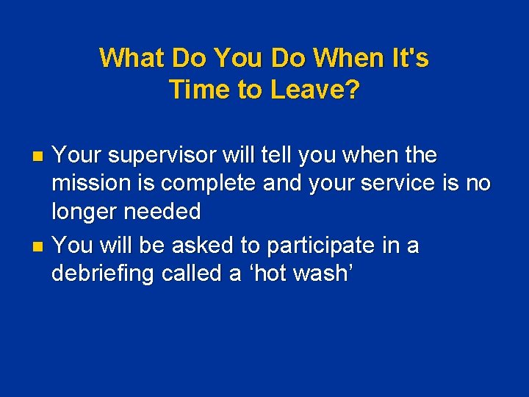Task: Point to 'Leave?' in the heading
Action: click(x=315, y=90)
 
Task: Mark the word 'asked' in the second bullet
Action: click(x=203, y=245)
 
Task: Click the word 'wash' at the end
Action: click(x=321, y=273)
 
